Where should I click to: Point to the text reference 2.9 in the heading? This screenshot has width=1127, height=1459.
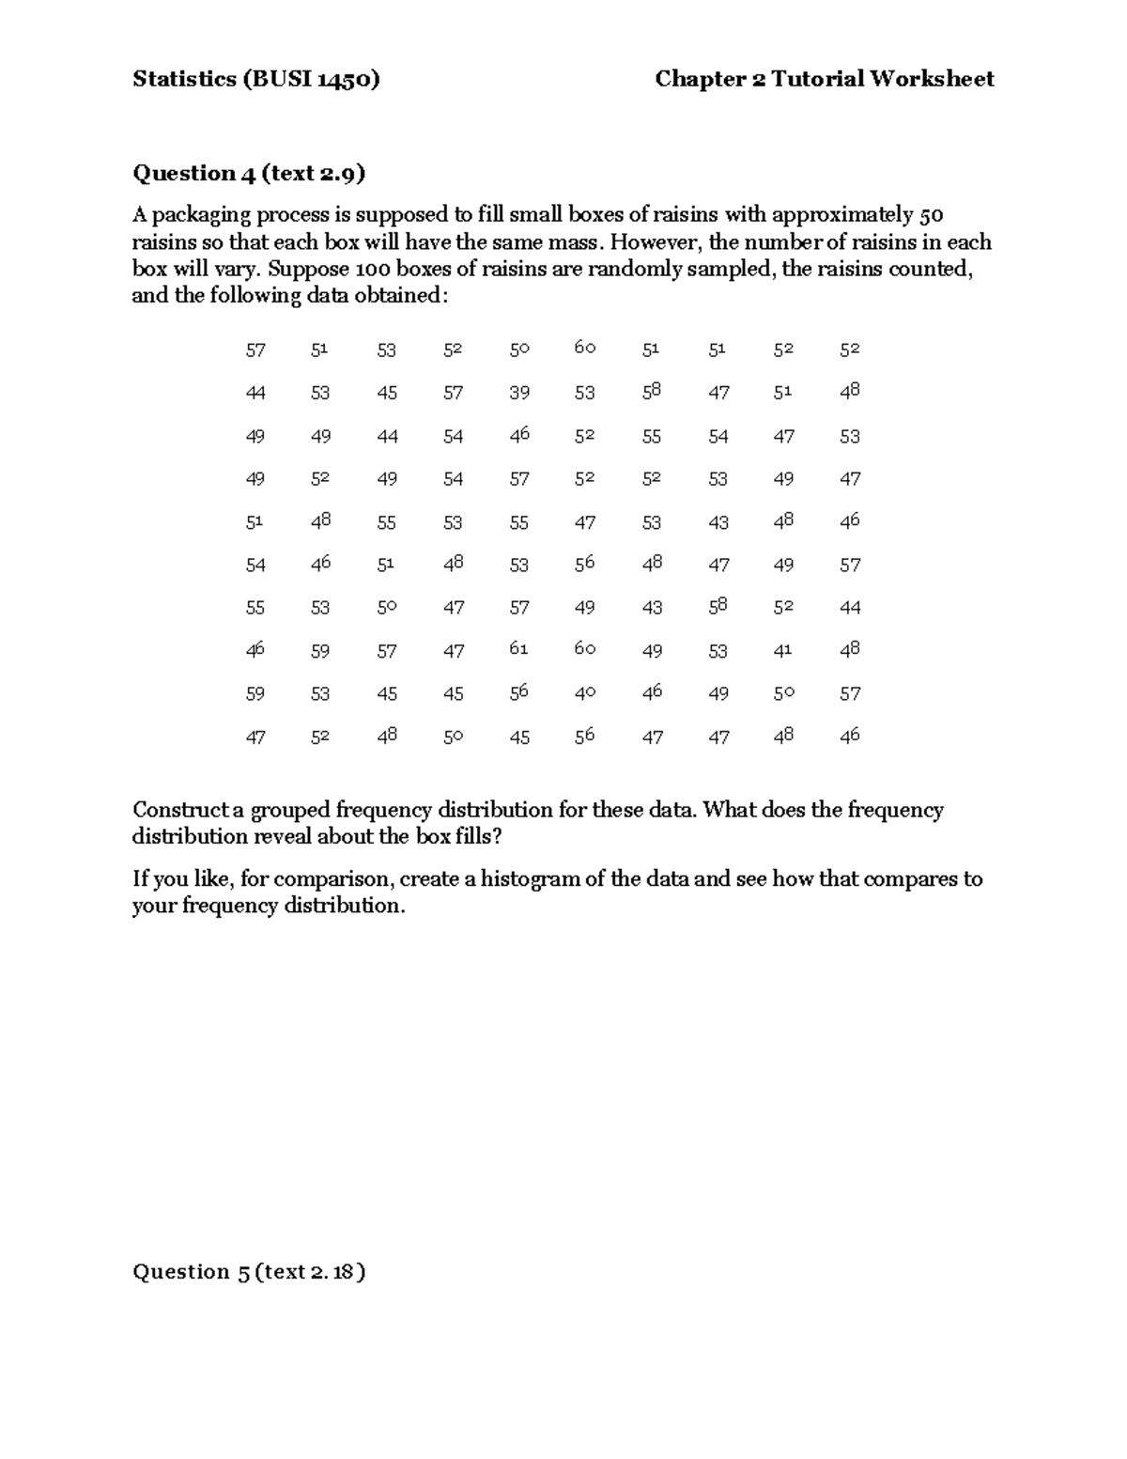339,173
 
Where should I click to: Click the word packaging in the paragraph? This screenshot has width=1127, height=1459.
201,215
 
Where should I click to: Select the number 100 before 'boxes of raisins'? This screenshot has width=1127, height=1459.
368,269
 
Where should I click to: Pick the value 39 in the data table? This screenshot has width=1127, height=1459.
519,393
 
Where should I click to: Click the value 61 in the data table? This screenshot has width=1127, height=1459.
518,649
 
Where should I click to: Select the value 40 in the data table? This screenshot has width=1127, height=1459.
585,692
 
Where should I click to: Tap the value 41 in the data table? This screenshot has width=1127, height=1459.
783,649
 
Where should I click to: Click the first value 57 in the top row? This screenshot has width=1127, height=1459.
255,350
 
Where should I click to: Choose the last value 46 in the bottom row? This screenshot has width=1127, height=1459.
849,736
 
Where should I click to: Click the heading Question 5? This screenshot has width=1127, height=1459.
193,1272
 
